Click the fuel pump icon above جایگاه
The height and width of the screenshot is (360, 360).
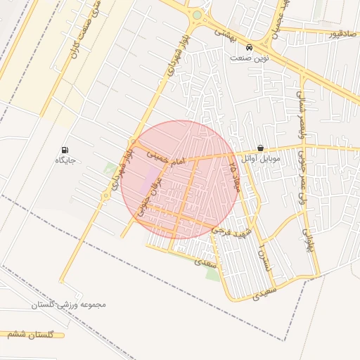click(65, 150)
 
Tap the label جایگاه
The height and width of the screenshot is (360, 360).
click(65, 160)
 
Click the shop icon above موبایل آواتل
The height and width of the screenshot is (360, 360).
click(261, 148)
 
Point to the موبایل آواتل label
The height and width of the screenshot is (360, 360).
click(260, 159)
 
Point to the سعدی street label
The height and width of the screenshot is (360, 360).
click(210, 262)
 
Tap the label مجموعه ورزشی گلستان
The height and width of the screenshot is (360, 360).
click(67, 305)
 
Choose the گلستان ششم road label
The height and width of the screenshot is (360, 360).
click(31, 335)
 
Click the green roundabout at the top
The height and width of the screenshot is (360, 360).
click(197, 15)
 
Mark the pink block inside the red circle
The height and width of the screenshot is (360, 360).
click(152, 181)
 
